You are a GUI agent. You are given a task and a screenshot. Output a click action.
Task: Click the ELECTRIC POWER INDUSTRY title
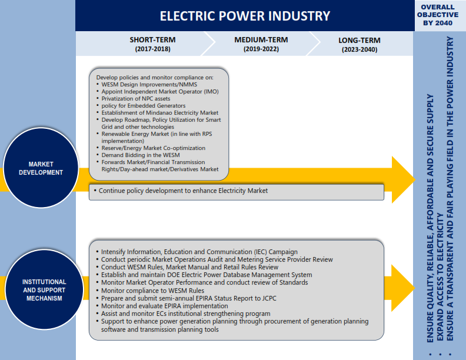coord(245,16)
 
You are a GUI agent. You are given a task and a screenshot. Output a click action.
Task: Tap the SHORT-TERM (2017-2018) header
coord(153,44)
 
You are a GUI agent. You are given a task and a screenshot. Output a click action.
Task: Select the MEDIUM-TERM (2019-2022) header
coord(261,44)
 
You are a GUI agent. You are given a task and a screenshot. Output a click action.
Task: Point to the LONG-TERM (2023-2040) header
coord(360,45)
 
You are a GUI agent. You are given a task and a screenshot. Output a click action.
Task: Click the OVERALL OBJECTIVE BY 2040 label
coord(438,15)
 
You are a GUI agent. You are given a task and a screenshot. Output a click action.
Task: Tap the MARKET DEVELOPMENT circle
coord(41,168)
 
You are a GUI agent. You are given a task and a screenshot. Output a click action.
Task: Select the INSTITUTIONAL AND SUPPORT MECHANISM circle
coord(44,289)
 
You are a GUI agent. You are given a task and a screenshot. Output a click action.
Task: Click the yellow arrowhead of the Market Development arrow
coord(402,179)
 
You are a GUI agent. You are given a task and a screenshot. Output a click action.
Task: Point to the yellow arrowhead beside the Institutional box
coord(402,288)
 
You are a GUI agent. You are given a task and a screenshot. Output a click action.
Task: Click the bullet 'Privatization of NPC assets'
coord(136,99)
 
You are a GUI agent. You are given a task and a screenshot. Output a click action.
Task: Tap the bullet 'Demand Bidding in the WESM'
coord(141,155)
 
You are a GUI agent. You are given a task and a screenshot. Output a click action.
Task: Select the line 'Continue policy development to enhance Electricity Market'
coord(183,191)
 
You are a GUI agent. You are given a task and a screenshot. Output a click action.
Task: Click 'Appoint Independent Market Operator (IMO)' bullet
coord(160,92)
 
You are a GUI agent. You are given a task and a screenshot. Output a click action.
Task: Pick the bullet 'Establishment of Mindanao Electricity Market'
coord(160,113)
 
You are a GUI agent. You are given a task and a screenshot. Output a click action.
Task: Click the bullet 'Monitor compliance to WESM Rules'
coord(152,291)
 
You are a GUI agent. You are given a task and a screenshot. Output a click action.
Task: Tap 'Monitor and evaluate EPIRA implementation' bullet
coord(164,306)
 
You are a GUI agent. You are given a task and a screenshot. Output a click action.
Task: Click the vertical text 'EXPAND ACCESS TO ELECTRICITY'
coord(440,277)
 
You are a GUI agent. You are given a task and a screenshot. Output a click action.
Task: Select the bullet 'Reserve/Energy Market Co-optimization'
coord(154,148)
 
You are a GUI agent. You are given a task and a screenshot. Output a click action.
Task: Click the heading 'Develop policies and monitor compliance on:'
coord(155,78)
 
